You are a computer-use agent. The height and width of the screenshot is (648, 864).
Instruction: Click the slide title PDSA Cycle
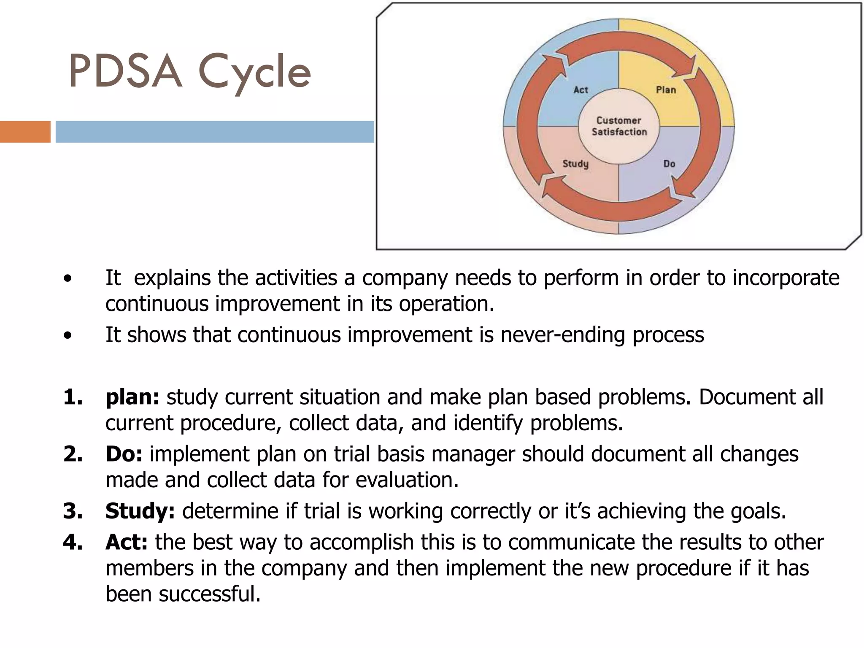point(190,72)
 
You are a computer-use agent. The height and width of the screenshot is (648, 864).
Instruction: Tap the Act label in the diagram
point(580,90)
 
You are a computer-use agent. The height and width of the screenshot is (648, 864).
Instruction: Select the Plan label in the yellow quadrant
point(666,90)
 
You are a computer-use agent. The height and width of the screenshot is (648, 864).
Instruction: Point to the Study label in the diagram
point(575,164)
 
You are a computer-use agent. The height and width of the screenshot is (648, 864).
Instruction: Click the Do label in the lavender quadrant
point(669,164)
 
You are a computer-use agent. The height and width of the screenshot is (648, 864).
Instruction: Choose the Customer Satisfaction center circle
point(619,126)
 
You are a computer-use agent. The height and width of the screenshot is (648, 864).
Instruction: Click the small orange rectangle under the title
point(25,132)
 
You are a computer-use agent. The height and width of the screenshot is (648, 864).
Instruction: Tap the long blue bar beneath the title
point(215,132)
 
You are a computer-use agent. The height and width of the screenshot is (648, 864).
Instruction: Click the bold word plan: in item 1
point(132,397)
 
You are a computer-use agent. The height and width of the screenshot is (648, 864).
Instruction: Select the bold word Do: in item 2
point(124,454)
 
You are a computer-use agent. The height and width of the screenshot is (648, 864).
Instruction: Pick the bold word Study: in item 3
point(140,511)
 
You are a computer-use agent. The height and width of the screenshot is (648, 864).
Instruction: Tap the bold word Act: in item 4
point(126,542)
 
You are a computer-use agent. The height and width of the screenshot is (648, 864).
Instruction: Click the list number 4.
point(73,542)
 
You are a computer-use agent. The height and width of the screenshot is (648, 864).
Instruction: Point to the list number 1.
point(73,397)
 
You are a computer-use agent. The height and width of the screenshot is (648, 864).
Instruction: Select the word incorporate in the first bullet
point(786,278)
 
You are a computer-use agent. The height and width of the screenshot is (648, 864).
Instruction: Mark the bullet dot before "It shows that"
point(67,336)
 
